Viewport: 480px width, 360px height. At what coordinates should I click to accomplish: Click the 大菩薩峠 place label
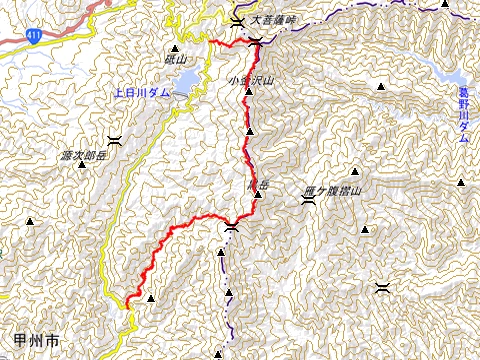click(x=275, y=19)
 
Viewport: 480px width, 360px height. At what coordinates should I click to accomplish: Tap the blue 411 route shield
click(x=35, y=36)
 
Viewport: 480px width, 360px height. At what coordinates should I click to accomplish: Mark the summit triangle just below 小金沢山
click(x=248, y=91)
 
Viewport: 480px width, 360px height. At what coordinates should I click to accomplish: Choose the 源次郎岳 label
click(x=82, y=157)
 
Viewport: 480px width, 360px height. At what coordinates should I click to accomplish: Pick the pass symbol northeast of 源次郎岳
click(x=114, y=138)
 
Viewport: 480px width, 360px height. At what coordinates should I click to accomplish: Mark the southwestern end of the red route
click(x=128, y=300)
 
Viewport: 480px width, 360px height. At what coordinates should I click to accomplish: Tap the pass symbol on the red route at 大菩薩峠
click(x=257, y=41)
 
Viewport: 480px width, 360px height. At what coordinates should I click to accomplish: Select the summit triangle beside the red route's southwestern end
click(x=150, y=297)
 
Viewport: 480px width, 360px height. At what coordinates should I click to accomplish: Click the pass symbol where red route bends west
click(x=231, y=228)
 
